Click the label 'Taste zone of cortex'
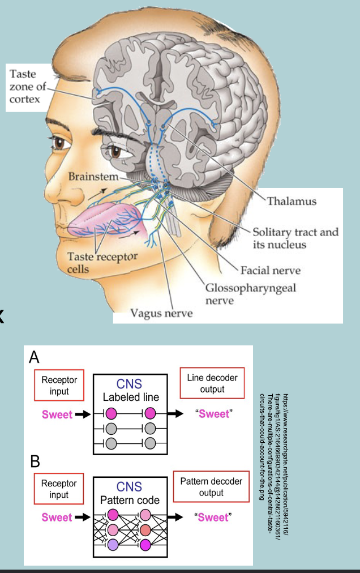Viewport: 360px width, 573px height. pyautogui.click(x=27, y=87)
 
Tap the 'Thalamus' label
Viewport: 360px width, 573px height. pyautogui.click(x=292, y=201)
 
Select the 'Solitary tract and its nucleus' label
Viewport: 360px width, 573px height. pyautogui.click(x=295, y=238)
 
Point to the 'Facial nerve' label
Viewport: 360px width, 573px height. pyautogui.click(x=271, y=270)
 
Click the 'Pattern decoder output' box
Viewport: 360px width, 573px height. pyautogui.click(x=211, y=487)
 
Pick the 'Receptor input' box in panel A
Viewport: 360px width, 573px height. pyautogui.click(x=59, y=385)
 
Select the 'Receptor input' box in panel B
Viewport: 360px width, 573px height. pyautogui.click(x=59, y=489)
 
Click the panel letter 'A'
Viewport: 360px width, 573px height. pyautogui.click(x=35, y=357)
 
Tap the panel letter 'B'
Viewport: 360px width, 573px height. pyautogui.click(x=35, y=461)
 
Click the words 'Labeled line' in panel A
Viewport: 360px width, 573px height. pyautogui.click(x=130, y=397)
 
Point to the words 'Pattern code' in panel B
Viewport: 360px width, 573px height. pyautogui.click(x=130, y=501)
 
